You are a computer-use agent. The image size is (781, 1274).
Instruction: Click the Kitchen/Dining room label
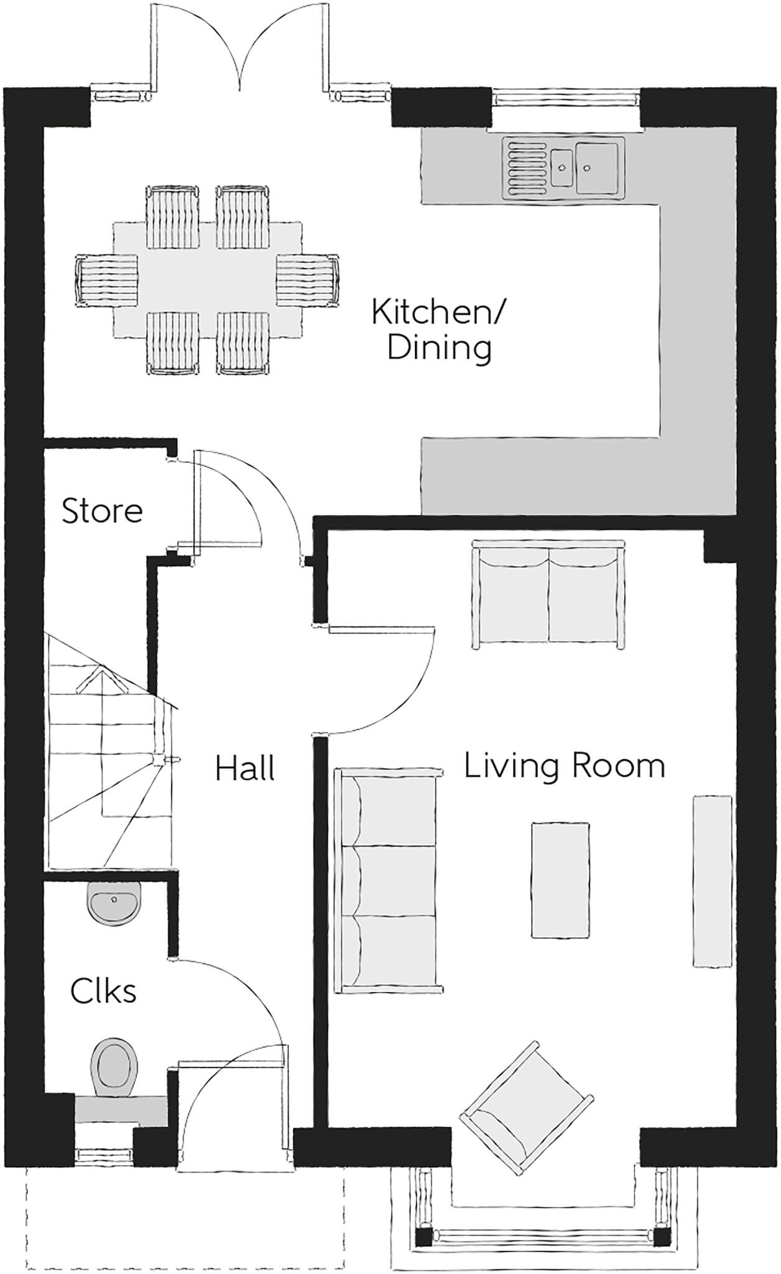tap(438, 330)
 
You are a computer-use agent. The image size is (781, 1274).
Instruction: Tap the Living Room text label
tap(564, 766)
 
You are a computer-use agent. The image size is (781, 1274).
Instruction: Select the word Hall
tap(245, 769)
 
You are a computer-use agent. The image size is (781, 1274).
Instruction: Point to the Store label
tap(102, 511)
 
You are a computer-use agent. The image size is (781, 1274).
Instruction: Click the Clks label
tap(103, 991)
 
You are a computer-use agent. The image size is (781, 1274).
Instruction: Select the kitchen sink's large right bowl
tap(597, 167)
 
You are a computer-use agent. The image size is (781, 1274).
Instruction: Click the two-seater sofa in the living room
tap(548, 595)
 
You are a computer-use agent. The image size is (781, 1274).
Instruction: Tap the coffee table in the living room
tap(560, 880)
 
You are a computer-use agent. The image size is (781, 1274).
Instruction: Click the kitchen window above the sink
tap(565, 97)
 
